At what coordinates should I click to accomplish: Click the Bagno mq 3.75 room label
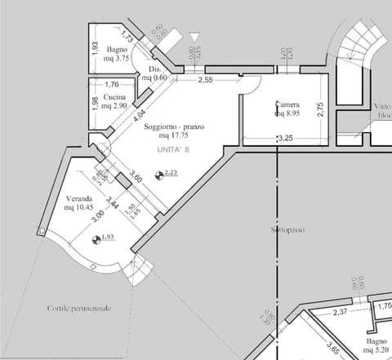coord(118,54)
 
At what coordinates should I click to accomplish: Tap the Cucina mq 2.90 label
coord(107,102)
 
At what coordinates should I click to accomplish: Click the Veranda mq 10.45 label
coord(80,203)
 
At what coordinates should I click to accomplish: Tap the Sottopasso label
coord(283,231)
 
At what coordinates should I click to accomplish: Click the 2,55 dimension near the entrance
coord(206,80)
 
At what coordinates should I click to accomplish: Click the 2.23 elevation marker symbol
coord(159,175)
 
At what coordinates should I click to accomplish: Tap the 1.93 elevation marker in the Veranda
coord(97,239)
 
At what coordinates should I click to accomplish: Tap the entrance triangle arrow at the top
coord(194,38)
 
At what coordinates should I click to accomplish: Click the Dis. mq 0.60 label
coord(157,73)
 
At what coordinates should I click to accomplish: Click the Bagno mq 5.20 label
coord(376,345)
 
